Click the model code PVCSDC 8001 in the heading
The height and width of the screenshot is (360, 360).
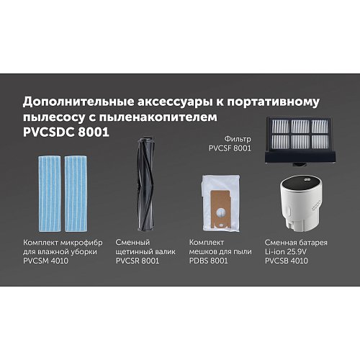61,135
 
